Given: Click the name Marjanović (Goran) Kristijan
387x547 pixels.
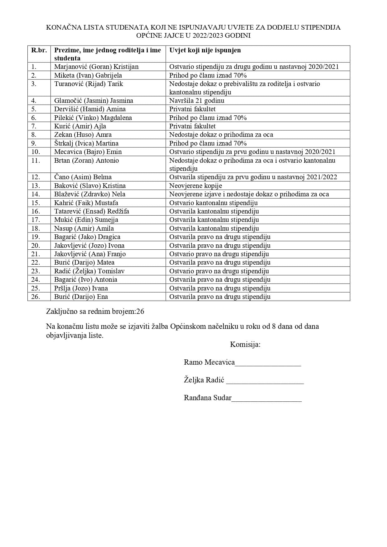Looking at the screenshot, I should [96, 67].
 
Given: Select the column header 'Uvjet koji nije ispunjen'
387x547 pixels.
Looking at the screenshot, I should [205, 50].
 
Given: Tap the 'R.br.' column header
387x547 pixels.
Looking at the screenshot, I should [39, 50].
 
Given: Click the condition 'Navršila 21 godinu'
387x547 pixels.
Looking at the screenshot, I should [196, 101].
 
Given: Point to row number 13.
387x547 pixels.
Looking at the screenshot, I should [36, 186].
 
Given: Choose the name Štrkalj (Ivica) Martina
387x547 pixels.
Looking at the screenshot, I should [86, 143].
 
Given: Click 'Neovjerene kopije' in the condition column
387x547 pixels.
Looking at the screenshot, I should [196, 186].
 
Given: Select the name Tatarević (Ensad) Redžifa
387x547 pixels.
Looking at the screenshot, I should [91, 211].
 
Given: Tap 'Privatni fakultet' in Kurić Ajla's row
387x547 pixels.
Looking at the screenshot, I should [192, 126].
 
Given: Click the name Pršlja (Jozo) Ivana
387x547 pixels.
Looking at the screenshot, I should [81, 288].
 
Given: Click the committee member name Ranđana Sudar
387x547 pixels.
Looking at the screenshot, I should [208, 398].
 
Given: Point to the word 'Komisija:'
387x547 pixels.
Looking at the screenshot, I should [245, 344].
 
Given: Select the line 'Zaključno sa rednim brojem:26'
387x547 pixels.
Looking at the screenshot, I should [95, 311].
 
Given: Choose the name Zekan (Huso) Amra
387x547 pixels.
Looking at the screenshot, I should [83, 135].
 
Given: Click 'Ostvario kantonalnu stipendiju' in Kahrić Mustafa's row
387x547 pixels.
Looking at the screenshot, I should [213, 203].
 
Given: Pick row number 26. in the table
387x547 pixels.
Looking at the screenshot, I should [36, 297].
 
